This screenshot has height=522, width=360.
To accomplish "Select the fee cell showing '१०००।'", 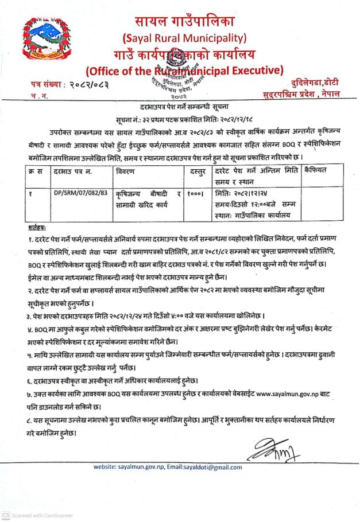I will coord(193,195).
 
